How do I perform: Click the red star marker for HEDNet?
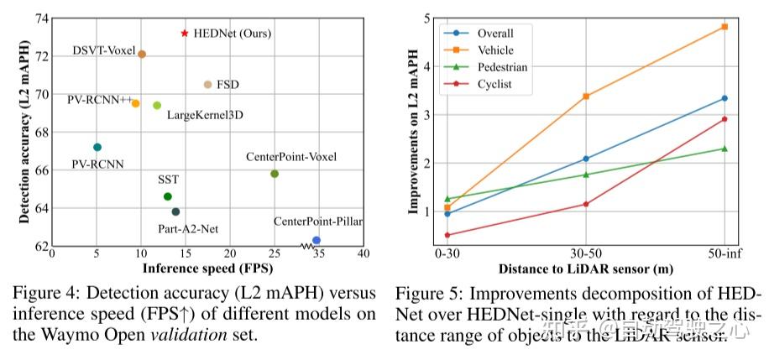185,34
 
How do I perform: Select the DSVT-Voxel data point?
142,55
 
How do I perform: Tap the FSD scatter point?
208,85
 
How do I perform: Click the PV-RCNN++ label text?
100,100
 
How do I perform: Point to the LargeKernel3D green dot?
157,106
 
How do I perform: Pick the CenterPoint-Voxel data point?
275,174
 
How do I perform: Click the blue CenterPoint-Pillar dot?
316,241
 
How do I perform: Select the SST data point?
168,196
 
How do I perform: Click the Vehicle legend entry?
494,50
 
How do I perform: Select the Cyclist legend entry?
494,84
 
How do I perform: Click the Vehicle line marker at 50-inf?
725,27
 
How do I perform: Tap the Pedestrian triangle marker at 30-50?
586,175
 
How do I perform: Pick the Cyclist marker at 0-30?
447,236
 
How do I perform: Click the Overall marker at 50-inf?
725,98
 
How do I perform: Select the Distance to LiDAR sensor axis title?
585,269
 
